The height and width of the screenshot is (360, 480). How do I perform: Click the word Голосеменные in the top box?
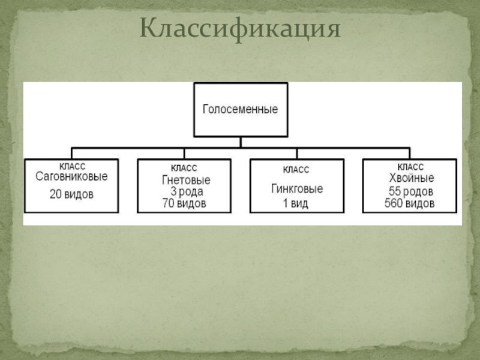coord(240,110)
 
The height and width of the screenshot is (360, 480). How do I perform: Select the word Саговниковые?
coord(71,177)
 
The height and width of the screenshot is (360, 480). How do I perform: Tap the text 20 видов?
coord(71,194)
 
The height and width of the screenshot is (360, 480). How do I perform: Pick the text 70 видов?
coord(184,203)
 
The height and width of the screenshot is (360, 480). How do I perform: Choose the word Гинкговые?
coord(296,189)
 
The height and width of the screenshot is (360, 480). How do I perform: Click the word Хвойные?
coord(410,178)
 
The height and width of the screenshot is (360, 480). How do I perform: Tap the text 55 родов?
coord(410,191)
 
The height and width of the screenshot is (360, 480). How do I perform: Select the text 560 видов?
coord(410,203)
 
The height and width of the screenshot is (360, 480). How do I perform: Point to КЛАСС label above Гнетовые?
coord(184,169)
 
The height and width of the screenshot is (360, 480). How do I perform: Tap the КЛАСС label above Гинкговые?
coord(296,170)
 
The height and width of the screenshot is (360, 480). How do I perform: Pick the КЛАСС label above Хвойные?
coord(410,167)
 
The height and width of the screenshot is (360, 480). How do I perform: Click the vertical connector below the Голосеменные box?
coord(240,142)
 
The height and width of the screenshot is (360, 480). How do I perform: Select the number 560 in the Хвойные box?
coord(394,203)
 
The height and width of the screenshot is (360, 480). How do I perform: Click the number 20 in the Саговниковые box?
coord(56,194)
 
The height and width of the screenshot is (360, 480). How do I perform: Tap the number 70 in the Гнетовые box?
coord(168,203)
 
